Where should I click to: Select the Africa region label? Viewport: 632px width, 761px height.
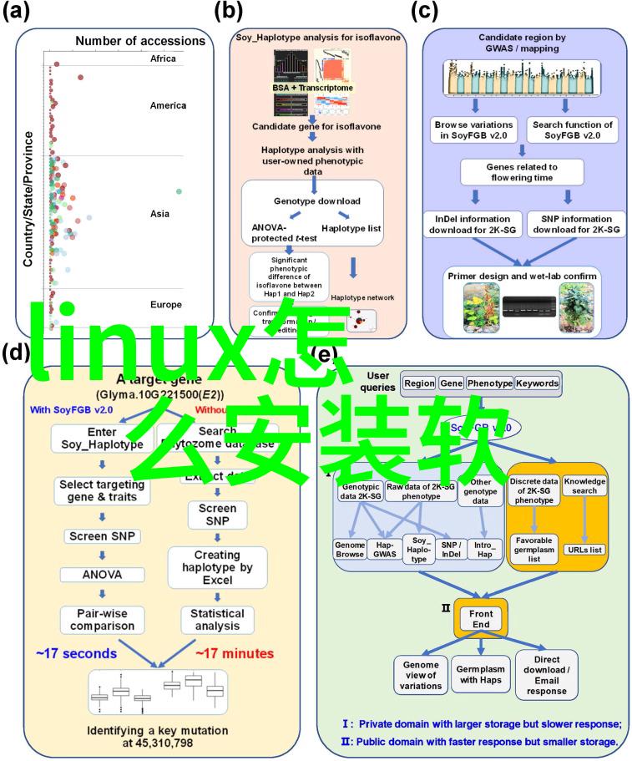point(164,59)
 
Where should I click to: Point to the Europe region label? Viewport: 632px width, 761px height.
point(166,304)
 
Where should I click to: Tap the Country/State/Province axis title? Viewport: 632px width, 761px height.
point(28,199)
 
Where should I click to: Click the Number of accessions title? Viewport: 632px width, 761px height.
point(140,40)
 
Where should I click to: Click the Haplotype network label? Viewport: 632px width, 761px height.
point(362,297)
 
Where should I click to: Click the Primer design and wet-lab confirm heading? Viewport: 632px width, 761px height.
point(522,275)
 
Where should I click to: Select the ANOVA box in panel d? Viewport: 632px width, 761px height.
point(102,574)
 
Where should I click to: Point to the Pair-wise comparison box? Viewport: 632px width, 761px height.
point(102,619)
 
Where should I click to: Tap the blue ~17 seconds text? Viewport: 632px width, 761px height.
point(76,652)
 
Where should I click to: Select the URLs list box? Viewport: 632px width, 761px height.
point(584,549)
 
